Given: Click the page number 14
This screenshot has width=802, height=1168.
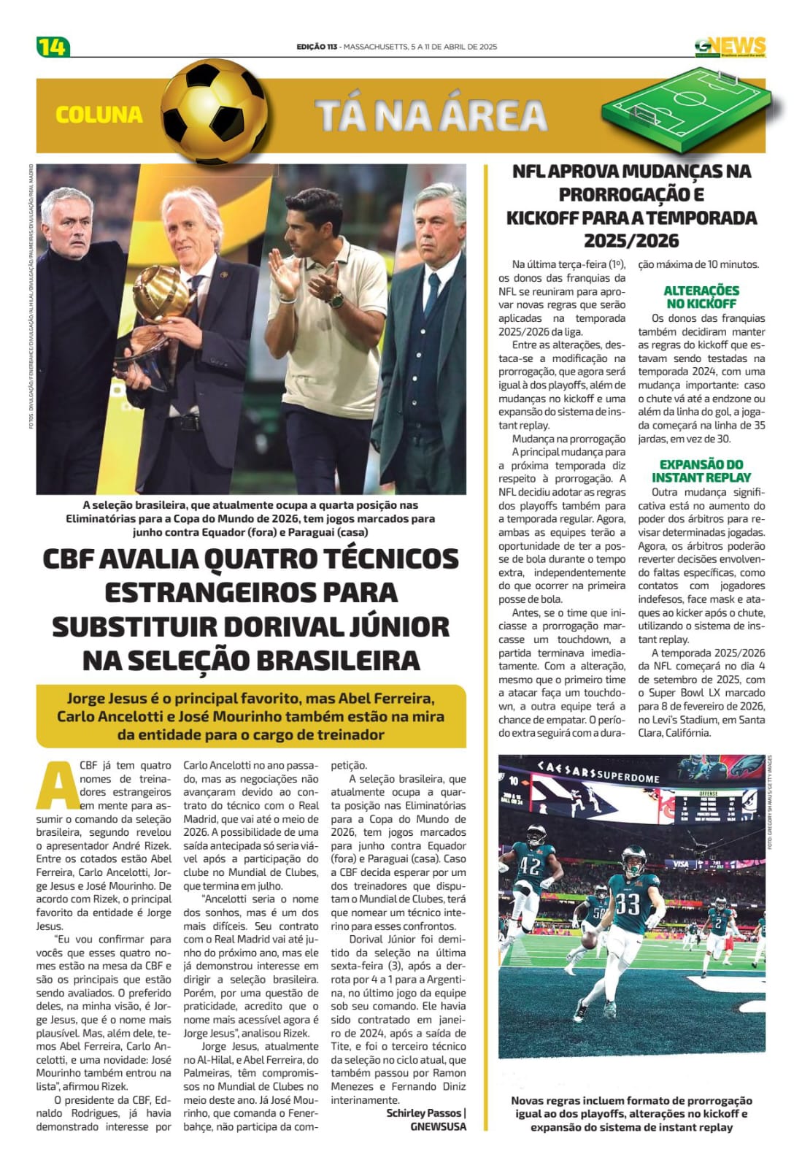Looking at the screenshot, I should (53, 47).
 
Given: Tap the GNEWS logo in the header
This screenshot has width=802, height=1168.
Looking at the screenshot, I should (730, 47).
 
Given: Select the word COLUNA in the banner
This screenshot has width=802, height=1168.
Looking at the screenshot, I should (99, 115).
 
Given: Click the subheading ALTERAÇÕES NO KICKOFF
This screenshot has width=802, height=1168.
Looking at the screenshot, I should (701, 296).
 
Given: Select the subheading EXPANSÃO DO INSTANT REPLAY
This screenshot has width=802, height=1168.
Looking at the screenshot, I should (701, 471).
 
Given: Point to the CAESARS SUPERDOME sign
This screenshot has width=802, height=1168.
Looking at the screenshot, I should (598, 771).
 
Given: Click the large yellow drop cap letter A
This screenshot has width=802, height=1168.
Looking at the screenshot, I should (57, 784).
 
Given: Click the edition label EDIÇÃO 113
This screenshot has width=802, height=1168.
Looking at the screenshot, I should (317, 47).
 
